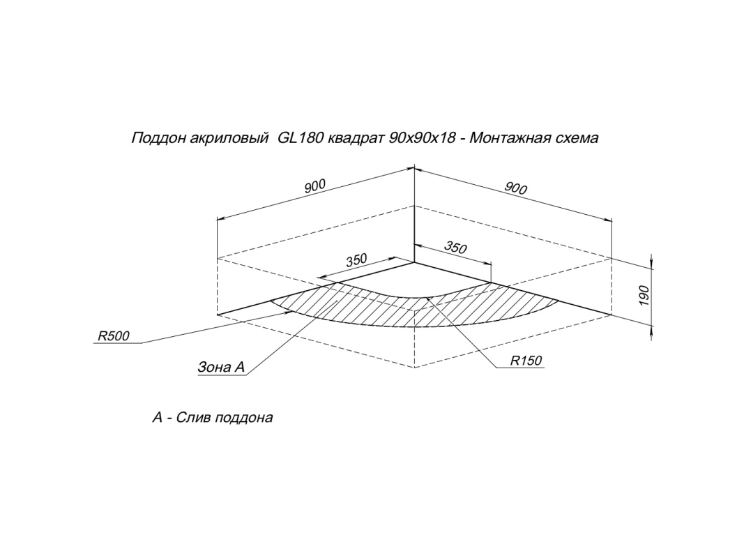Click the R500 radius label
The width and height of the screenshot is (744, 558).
[113, 336]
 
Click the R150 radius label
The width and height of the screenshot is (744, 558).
[526, 361]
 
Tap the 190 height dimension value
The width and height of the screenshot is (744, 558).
[644, 294]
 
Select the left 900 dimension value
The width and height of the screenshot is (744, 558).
[315, 186]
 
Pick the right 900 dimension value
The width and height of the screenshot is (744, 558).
[515, 187]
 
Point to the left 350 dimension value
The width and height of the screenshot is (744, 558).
[356, 260]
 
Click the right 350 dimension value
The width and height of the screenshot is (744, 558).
[455, 247]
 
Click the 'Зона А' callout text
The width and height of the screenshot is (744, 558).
[222, 367]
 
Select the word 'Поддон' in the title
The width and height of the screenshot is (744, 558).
[155, 138]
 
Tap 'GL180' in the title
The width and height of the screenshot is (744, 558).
[300, 138]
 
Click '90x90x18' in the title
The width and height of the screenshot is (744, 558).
[422, 138]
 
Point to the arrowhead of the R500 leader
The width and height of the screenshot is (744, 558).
[289, 312]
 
